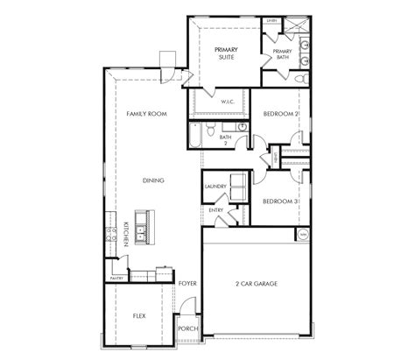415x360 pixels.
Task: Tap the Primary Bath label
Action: point(282,54)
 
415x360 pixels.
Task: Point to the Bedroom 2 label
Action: point(280,115)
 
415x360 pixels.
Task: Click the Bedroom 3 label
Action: point(280,202)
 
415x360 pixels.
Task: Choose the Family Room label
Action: point(145,114)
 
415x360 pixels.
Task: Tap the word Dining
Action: point(153,180)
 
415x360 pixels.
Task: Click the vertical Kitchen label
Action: point(126,236)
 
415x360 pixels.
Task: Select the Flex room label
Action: point(138,314)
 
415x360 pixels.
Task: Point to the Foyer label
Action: point(186,284)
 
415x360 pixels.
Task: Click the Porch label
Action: point(186,328)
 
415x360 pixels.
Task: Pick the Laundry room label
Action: point(215,187)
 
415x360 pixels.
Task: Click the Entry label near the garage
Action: point(215,210)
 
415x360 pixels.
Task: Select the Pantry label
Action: point(116,278)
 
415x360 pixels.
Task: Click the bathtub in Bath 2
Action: point(192,136)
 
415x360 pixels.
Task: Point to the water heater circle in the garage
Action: point(304,235)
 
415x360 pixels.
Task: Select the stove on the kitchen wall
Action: point(111,233)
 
